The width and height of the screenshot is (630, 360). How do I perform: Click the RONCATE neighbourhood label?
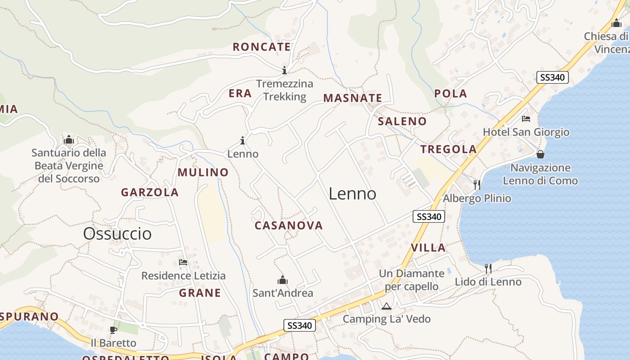[x=261, y=47]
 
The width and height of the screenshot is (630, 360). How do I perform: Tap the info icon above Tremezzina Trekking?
[x=284, y=70]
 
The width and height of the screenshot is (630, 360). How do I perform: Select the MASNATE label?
[x=352, y=98]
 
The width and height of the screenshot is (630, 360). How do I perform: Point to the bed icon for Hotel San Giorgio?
[x=526, y=119]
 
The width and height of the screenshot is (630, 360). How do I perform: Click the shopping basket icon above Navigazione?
[x=540, y=154]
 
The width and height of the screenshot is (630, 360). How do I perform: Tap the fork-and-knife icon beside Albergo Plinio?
[x=477, y=184]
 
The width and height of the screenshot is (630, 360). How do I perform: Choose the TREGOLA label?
[x=448, y=149]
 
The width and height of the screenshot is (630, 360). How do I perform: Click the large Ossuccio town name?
[x=117, y=234]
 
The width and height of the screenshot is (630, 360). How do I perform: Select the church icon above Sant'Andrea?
[x=283, y=280]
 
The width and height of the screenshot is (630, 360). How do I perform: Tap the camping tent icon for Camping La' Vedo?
[x=386, y=306]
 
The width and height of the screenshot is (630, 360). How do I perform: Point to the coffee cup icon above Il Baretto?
[x=113, y=330]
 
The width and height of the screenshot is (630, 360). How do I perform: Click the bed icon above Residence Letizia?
[x=183, y=262]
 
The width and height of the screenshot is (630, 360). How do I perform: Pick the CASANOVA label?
[x=289, y=225]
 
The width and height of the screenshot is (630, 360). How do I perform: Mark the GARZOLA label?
[x=150, y=193]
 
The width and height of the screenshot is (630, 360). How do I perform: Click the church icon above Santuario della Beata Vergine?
[x=69, y=139]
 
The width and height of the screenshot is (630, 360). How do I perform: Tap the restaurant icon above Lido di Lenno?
[x=488, y=269]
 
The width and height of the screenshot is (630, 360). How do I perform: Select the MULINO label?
[x=203, y=172]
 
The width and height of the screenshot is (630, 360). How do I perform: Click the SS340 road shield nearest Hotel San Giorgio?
[x=553, y=77]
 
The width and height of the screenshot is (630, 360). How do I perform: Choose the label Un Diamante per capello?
[x=411, y=280]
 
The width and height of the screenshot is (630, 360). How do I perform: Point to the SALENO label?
[x=402, y=121]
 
